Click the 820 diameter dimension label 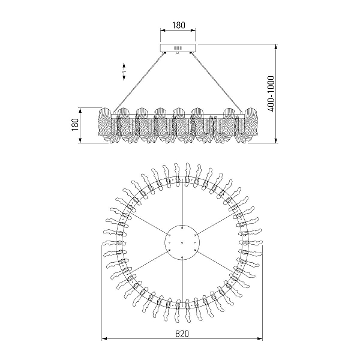click(182, 334)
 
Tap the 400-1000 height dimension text click(271, 94)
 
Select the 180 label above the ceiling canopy click(178, 25)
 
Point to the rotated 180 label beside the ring click(76, 125)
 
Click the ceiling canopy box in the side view click(178, 48)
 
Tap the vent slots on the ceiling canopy click(178, 48)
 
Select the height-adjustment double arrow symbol click(124, 71)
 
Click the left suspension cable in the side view click(139, 83)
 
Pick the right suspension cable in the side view click(217, 83)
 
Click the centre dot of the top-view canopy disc click(182, 242)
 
